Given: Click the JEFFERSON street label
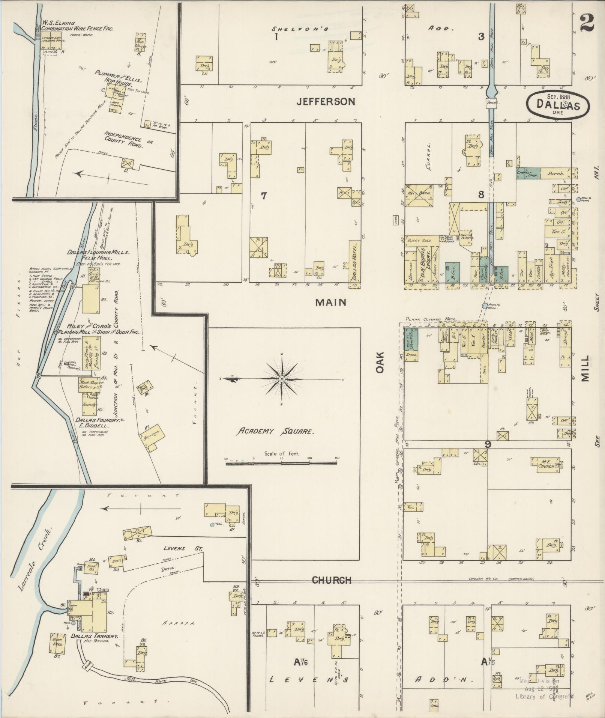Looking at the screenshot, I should coord(326,101).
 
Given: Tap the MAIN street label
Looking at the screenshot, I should coord(330,302).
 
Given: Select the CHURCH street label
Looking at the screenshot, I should coord(332,580).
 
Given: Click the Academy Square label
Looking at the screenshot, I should coord(275,431).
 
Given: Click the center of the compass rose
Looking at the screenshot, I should coord(282,379).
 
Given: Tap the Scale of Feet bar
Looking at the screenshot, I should coord(282,464).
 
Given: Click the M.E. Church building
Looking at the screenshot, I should coord(544,464).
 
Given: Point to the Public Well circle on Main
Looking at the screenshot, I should coord(485,306).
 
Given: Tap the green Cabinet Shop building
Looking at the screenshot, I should coord(527,173).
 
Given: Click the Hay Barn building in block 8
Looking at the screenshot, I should coord(419,195).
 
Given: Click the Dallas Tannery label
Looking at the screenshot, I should coord(95,636).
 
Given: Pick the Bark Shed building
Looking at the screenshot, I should coord(58,643).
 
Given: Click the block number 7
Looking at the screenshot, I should coord(264,196).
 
